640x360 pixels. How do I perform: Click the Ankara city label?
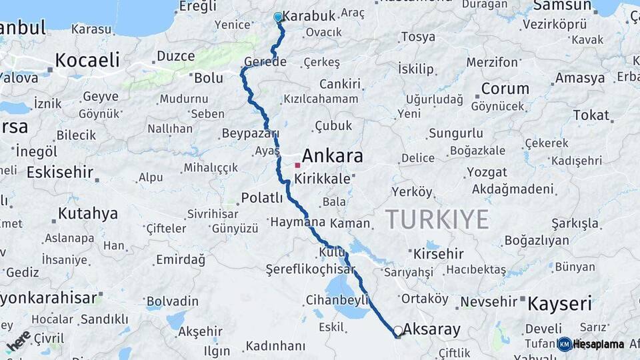click(332, 156)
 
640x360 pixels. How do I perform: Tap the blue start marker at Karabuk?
click(278, 17)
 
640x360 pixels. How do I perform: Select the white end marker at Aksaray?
click(398, 330)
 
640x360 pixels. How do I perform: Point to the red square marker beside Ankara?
click(297, 165)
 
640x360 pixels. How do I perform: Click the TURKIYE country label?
click(437, 219)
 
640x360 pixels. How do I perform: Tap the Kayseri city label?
click(559, 304)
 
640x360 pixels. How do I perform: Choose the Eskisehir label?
click(60, 172)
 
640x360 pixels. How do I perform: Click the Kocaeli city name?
click(87, 60)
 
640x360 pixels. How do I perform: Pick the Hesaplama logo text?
click(598, 344)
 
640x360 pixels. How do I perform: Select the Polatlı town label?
click(262, 197)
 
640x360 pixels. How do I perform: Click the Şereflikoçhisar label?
click(301, 269)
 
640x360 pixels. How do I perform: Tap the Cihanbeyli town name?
click(337, 299)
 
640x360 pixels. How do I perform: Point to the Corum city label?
click(505, 89)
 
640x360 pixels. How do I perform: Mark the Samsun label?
click(562, 6)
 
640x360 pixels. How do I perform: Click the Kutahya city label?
click(87, 213)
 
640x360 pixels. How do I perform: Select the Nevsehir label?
click(489, 301)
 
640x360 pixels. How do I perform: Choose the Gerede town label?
click(265, 62)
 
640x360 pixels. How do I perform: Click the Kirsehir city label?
click(438, 254)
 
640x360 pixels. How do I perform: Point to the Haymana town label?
click(297, 222)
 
